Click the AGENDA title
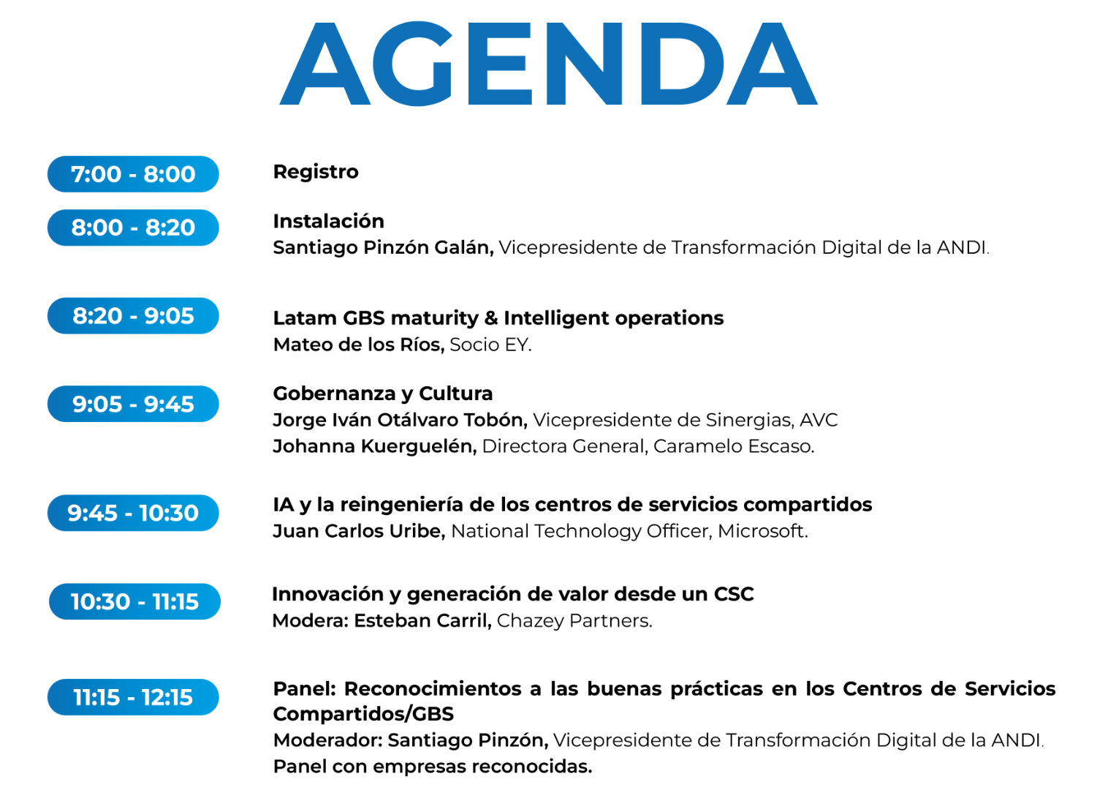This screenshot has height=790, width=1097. [548, 63]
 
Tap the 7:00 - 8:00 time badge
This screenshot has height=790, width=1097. [133, 174]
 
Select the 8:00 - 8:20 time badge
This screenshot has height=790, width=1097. [133, 227]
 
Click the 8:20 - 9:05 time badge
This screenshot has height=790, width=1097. [133, 315]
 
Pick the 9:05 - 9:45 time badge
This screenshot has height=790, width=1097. [133, 404]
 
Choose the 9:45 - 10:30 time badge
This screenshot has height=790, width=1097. [133, 513]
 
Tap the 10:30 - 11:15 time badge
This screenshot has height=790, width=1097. [134, 601]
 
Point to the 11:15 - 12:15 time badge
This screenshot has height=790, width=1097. [133, 697]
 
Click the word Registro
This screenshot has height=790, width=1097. [316, 172]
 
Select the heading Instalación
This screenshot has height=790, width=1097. [329, 221]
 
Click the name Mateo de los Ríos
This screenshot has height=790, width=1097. [359, 345]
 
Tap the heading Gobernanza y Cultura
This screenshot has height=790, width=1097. [383, 394]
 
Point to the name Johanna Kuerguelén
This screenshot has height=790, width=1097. [375, 446]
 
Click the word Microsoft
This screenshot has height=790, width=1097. [762, 531]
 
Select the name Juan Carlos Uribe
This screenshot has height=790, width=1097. [359, 531]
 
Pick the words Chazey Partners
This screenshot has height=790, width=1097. [574, 621]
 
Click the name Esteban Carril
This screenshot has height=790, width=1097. [422, 620]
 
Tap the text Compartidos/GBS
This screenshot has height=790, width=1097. [363, 714]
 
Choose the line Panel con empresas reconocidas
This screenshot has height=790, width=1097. [433, 767]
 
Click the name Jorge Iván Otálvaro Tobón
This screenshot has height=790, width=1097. [400, 420]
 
